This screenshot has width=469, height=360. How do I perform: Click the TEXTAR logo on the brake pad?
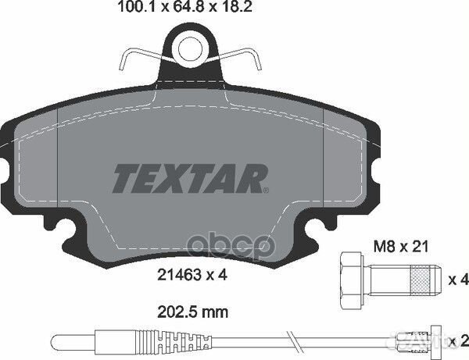(x=190, y=178)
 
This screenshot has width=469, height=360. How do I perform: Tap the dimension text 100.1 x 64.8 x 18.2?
(x=185, y=7)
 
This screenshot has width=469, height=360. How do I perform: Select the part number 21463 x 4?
(x=192, y=275)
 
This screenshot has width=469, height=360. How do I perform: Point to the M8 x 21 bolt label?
(x=401, y=247)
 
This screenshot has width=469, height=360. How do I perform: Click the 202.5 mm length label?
(x=192, y=312)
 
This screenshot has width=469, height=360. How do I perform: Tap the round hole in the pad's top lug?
(x=191, y=49)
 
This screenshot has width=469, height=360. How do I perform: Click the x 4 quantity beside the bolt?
(x=458, y=280)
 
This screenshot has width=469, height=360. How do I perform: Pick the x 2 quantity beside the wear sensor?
(x=459, y=340)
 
